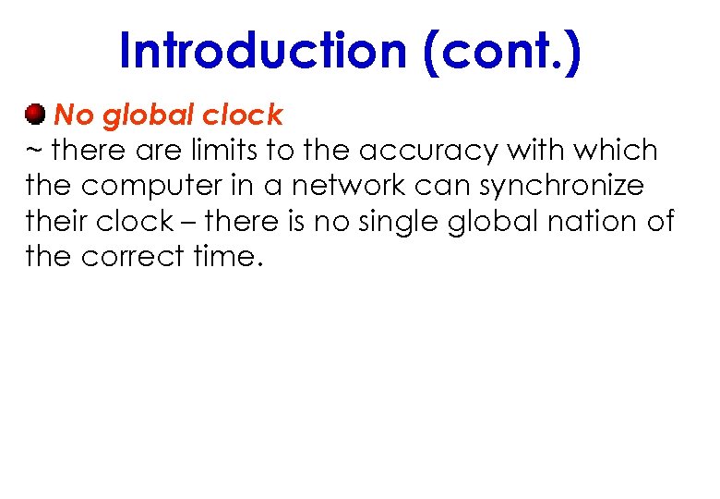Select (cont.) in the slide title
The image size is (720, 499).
pyautogui.click(x=502, y=51)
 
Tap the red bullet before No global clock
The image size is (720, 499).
pyautogui.click(x=35, y=115)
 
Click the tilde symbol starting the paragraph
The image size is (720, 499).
pyautogui.click(x=34, y=151)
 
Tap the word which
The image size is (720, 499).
pyautogui.click(x=619, y=151)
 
